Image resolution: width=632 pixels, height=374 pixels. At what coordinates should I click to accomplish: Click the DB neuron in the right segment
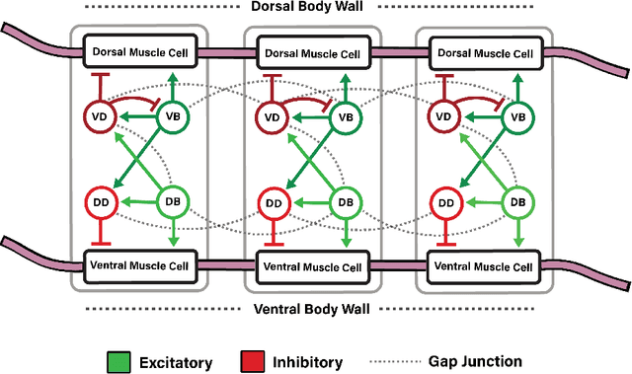point(515,202)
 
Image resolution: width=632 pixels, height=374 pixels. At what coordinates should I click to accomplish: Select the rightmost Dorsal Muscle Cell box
point(483,51)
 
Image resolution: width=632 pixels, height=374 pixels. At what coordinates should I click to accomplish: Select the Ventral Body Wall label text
point(314,309)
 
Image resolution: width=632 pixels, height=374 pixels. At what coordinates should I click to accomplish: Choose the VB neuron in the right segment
point(515,117)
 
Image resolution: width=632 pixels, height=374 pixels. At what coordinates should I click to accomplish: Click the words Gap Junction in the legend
point(535,361)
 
